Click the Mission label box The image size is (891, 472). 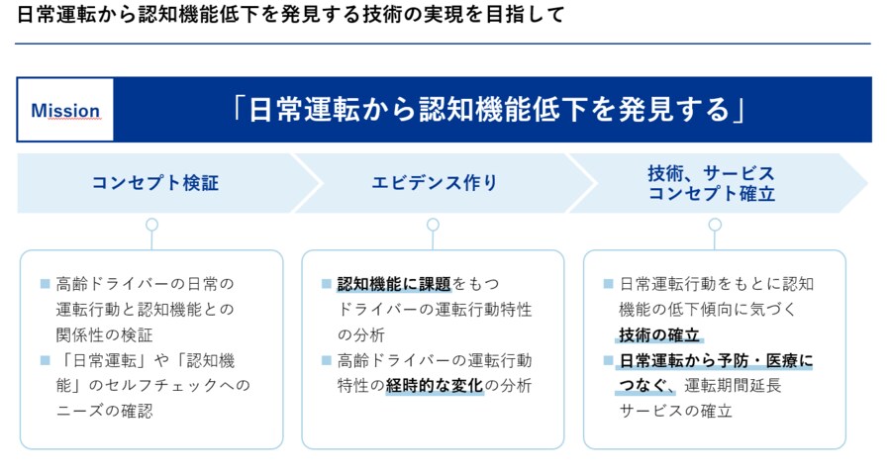65,110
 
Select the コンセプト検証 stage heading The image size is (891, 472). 154,183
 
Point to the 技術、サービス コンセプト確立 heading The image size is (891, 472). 711,183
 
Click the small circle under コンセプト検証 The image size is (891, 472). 151,225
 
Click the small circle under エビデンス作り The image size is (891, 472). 433,225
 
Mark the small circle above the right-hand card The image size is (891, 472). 715,225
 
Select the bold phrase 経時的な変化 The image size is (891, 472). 435,385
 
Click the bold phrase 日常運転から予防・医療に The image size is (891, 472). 716,360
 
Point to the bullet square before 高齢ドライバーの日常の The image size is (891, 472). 45,283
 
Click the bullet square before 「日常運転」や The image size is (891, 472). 45,359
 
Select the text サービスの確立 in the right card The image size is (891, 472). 676,411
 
